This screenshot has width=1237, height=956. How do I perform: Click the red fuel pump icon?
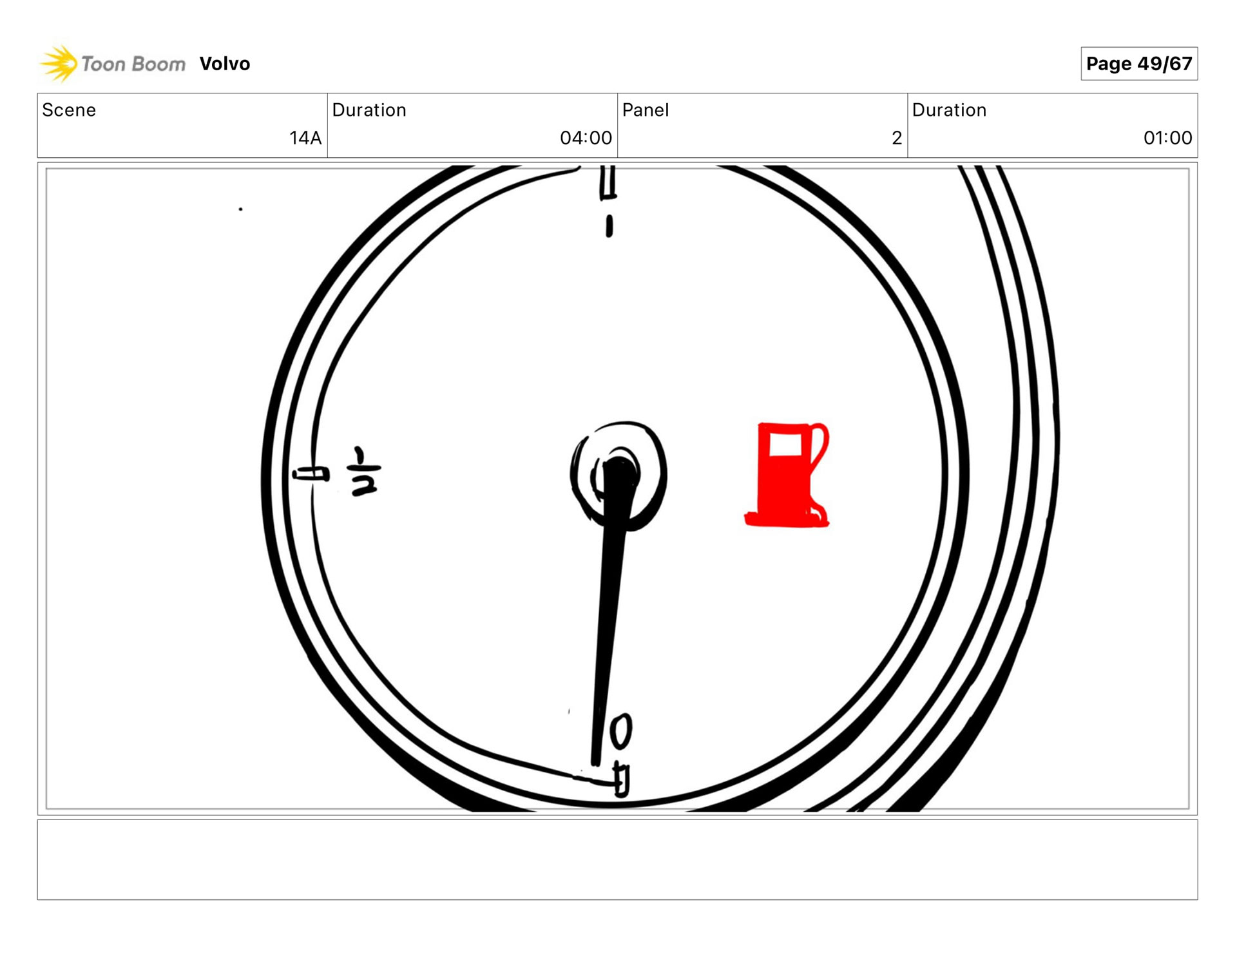tap(787, 475)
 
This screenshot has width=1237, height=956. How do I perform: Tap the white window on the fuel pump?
tap(785, 445)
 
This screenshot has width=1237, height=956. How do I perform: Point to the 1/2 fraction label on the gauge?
tap(365, 472)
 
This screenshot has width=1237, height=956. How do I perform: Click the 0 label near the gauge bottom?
tap(621, 731)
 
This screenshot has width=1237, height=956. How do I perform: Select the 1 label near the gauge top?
tap(609, 226)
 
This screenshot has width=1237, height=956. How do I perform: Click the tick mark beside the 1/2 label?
tap(311, 475)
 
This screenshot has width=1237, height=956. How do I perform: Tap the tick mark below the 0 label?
tap(622, 780)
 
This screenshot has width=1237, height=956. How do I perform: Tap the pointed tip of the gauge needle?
tap(596, 765)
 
